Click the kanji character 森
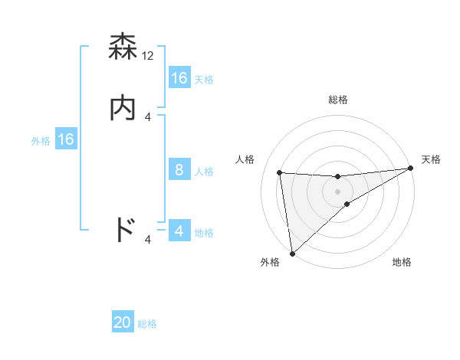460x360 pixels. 123,48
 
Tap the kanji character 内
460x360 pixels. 123,108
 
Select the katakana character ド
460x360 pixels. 124,230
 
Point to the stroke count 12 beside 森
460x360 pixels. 149,56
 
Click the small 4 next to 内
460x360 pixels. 149,116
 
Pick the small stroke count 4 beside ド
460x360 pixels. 149,240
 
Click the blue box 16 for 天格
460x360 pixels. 179,78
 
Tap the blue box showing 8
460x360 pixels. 179,170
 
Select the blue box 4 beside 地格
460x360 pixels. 179,231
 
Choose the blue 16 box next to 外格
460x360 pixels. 65,139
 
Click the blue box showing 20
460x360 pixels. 123,322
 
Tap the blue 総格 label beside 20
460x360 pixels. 147,324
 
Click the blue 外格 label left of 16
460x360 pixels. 41,141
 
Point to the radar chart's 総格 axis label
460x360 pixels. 338,100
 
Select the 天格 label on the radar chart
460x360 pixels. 431,159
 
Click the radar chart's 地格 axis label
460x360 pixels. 402,263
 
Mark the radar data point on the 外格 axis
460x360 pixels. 292,254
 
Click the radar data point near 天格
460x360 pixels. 410,169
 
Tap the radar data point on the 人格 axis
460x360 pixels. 280,172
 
